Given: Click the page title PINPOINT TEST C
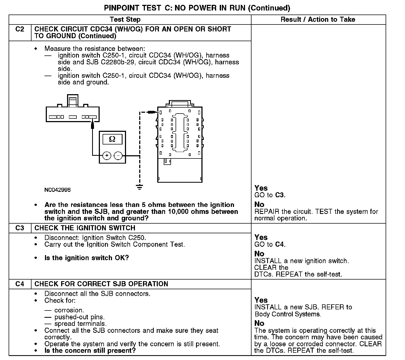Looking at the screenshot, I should coord(197,8).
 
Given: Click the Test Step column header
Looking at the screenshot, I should coord(125,19).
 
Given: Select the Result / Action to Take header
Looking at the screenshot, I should coord(318,19).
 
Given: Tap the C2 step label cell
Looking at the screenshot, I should coord(20,29).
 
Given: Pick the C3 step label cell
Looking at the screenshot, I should coord(20,228).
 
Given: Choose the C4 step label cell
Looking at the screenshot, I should coord(20,284).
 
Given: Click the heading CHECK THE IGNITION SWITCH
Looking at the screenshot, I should coord(85,228).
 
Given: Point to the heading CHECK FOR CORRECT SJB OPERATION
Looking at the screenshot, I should coord(101,284).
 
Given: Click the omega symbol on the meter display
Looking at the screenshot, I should coord(112,139).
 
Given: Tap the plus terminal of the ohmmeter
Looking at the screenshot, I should coord(107,156).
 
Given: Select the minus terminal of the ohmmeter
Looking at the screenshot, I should coord(118,156).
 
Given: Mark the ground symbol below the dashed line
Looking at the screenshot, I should coord(139,187).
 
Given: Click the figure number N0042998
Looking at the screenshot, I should coord(58,190).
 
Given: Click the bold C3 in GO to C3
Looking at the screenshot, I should coord(280,195).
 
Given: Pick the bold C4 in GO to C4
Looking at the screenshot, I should coord(280,244).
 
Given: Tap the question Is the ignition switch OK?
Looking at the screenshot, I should coord(86,258).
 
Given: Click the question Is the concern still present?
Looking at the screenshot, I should coord(90,351).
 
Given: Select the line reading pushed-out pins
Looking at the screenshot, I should coord(79,317).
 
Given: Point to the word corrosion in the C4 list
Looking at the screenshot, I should coord(69,310).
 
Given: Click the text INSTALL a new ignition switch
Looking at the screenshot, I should coord(302,261).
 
